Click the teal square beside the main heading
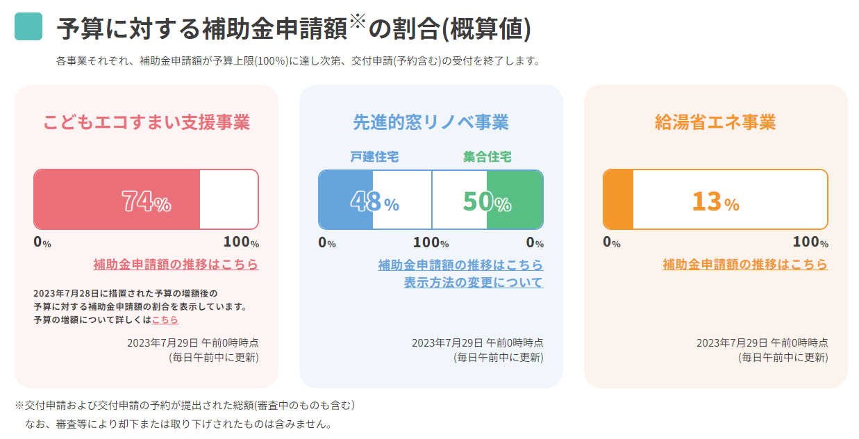pos(28,26)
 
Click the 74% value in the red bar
pos(146,201)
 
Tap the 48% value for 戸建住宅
pos(375,201)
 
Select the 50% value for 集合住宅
pos(487,201)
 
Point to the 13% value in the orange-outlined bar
pos(715,201)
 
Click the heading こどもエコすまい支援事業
pos(146,122)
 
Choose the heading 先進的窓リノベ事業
pos(431,122)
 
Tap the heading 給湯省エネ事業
pos(715,122)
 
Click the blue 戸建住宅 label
pos(374,156)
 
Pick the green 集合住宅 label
pos(487,156)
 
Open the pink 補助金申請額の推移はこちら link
pos(176,265)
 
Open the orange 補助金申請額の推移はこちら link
pos(745,265)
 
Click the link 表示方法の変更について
pos(474,283)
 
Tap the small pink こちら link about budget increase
pos(165,320)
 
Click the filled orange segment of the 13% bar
pos(618,199)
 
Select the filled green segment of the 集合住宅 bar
pos(515,199)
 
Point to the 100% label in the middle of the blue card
pos(431,242)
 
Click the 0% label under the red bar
pos(42,242)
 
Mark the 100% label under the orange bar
pos(810,242)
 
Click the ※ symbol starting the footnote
pos(19,405)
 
